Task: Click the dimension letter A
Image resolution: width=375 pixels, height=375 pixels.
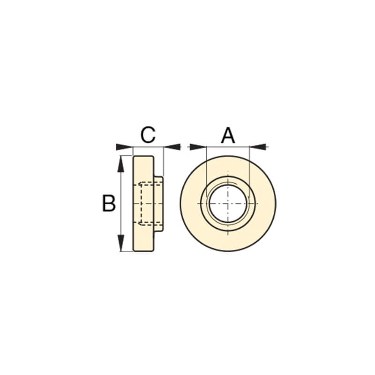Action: click(x=228, y=135)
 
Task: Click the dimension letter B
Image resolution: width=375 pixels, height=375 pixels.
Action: click(x=109, y=203)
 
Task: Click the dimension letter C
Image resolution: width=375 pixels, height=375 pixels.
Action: click(x=148, y=135)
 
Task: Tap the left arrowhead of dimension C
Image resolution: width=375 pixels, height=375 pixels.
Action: click(x=124, y=147)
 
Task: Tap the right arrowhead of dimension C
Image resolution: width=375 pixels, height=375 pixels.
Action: click(x=172, y=147)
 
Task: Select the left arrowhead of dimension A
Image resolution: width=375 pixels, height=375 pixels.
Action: click(x=198, y=147)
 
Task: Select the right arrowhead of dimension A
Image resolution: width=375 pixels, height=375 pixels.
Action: click(x=258, y=147)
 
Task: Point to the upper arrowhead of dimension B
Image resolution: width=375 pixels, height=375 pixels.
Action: click(x=121, y=164)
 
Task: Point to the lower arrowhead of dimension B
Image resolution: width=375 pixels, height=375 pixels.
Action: click(x=121, y=243)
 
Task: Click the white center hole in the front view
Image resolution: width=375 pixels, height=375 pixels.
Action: click(x=228, y=204)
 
